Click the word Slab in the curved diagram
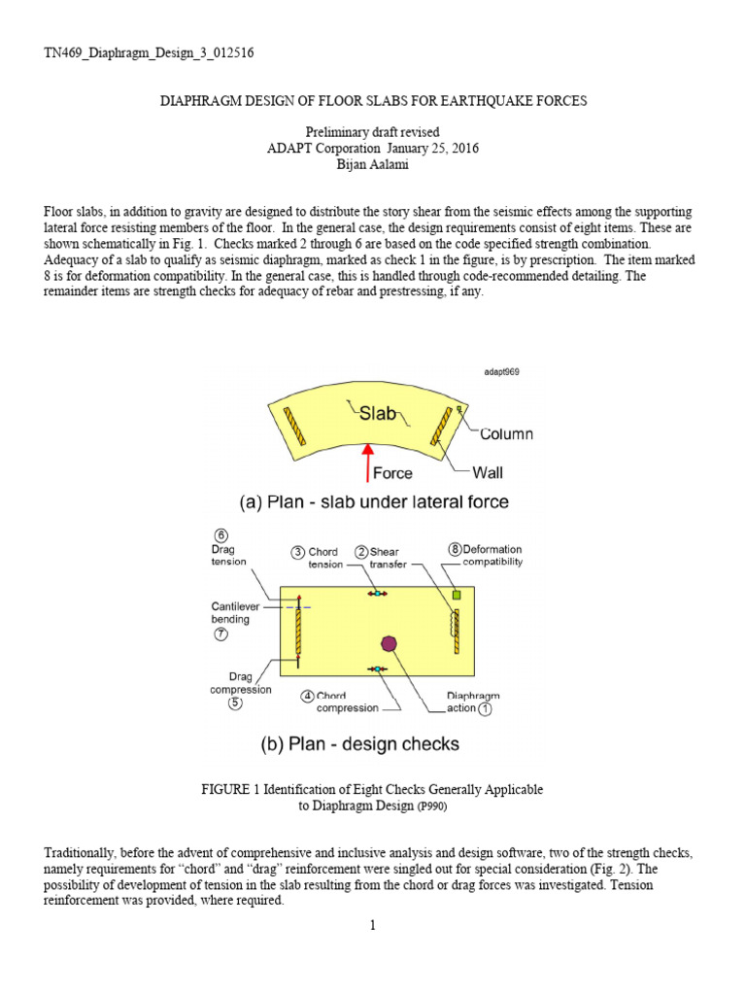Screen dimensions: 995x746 378,414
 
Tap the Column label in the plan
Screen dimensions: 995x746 506,434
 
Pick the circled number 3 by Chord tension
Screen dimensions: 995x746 298,552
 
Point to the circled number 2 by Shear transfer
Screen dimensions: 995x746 360,552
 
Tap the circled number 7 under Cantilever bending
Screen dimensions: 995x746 220,634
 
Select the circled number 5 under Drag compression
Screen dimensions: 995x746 235,703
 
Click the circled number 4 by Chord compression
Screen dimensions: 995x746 307,696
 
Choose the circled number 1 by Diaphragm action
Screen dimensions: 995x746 486,708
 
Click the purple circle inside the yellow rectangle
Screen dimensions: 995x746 389,642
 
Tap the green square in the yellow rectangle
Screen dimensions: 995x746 455,594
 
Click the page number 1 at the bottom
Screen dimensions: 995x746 372,925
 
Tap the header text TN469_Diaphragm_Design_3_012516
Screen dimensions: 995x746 150,51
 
